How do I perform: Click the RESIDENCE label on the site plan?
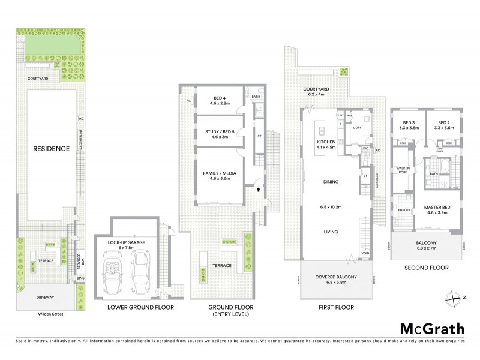point(51,149)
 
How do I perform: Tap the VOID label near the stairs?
point(365,253)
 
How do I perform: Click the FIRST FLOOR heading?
point(336,307)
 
